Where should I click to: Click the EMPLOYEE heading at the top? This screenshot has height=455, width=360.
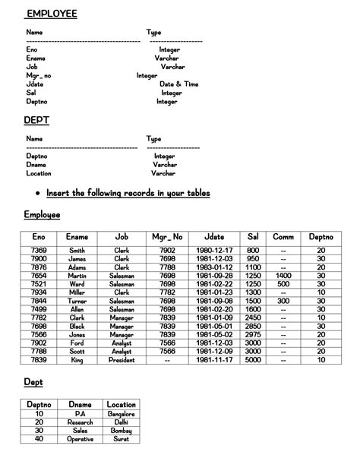(x=52, y=14)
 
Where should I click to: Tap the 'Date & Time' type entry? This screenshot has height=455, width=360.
(x=179, y=84)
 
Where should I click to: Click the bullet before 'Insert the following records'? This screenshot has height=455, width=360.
(x=37, y=194)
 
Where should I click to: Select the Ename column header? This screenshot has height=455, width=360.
(x=77, y=238)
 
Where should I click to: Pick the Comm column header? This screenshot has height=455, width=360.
(x=283, y=238)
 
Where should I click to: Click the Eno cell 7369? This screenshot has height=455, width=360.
(x=39, y=251)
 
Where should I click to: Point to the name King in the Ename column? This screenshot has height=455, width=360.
(x=77, y=360)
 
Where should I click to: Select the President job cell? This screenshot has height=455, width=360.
(x=122, y=360)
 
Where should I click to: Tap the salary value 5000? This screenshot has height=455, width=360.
(x=254, y=360)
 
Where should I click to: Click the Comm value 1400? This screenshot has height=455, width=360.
(x=283, y=275)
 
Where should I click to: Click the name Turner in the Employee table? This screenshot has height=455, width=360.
(x=77, y=301)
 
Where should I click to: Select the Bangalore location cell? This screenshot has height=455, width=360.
(x=122, y=414)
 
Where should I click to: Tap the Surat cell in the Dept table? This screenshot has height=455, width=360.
(x=122, y=439)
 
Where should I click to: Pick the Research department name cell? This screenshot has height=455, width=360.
(x=80, y=422)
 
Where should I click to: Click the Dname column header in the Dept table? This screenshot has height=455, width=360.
(x=80, y=405)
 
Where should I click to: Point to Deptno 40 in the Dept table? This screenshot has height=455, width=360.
(x=39, y=439)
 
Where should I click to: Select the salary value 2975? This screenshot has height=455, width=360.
(x=254, y=334)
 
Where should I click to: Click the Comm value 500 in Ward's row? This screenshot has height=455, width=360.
(x=283, y=284)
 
